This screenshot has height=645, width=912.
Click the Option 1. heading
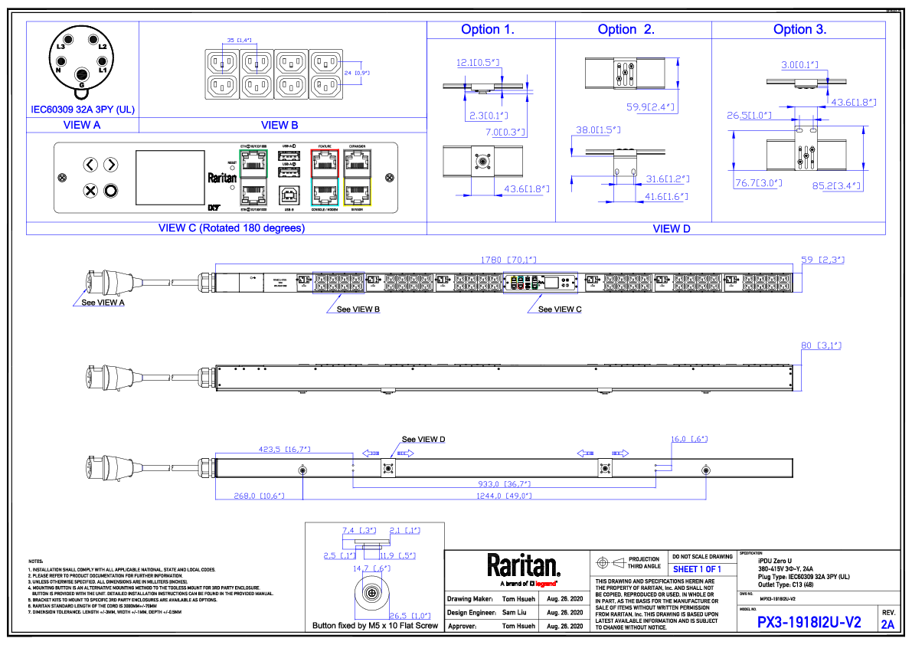488,30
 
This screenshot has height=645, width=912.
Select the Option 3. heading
799,30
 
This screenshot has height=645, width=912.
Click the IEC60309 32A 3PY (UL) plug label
83,110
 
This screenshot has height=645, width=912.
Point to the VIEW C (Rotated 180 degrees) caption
231,228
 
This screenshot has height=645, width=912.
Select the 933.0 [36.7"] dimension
504,484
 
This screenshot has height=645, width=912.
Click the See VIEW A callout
103,303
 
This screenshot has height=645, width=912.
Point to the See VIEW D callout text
423,439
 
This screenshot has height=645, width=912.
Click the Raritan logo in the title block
524,567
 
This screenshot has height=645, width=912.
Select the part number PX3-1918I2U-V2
809,624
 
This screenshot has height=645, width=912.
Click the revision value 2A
887,624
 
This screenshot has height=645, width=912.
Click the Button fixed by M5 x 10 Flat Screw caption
375,626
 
